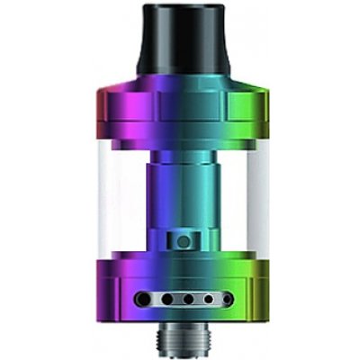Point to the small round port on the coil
tap(183, 241)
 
